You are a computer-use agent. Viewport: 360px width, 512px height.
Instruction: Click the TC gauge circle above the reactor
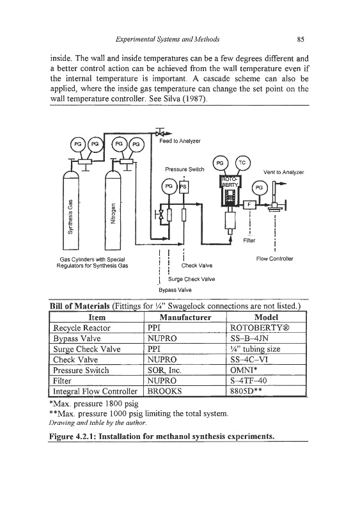pos(242,163)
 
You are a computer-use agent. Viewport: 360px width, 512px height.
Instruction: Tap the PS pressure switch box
pos(183,187)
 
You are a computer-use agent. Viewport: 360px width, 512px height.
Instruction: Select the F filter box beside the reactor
pos(249,204)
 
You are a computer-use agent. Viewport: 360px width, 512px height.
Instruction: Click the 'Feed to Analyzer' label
pos(180,141)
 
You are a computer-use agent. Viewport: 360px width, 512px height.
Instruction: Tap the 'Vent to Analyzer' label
pos(284,172)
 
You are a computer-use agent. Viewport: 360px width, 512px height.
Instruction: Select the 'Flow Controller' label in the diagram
pos(274,259)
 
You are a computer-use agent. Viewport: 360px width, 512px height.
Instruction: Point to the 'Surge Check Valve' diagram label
pos(191,279)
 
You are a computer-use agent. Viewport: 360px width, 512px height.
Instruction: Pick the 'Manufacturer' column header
pos(185,317)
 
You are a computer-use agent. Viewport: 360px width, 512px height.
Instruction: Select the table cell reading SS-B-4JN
pos(249,339)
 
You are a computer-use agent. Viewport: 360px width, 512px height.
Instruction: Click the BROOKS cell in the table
pos(165,391)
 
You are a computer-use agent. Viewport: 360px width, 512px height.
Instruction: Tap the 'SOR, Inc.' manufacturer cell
pos(164,371)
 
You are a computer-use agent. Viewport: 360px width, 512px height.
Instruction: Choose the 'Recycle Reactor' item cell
pos(82,328)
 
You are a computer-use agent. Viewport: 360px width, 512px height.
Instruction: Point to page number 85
pos(301,40)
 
